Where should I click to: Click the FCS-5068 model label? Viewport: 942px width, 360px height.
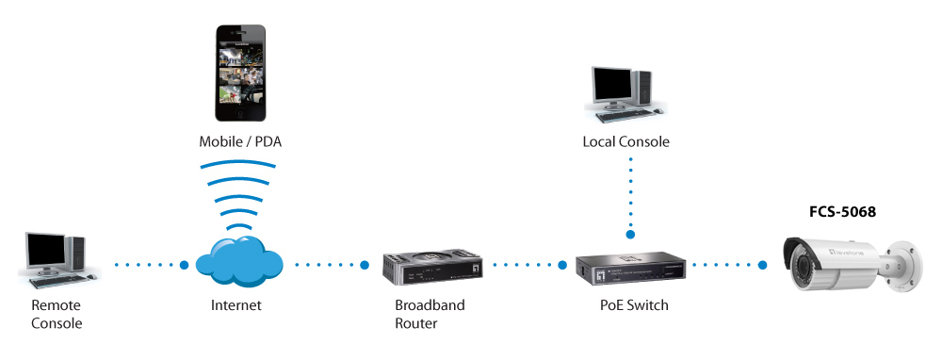tap(842, 212)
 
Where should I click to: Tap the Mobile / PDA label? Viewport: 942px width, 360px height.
tap(240, 142)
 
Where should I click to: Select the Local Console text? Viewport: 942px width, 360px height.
tap(625, 142)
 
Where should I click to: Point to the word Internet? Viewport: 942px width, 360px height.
tap(236, 305)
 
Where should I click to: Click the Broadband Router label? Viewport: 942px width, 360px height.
tap(430, 314)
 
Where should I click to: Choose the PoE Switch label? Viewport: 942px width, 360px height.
tap(634, 305)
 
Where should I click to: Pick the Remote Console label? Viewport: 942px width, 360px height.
tap(57, 314)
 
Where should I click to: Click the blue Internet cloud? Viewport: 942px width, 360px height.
tap(239, 261)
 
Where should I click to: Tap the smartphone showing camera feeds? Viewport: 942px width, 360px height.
tap(240, 73)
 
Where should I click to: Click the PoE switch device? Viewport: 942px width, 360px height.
tap(631, 268)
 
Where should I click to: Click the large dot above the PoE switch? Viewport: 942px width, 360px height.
tap(631, 235)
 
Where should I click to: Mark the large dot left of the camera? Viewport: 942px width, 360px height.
tap(762, 265)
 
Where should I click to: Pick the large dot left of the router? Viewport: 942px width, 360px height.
tap(364, 265)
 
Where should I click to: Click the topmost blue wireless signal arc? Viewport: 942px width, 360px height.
tap(238, 163)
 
